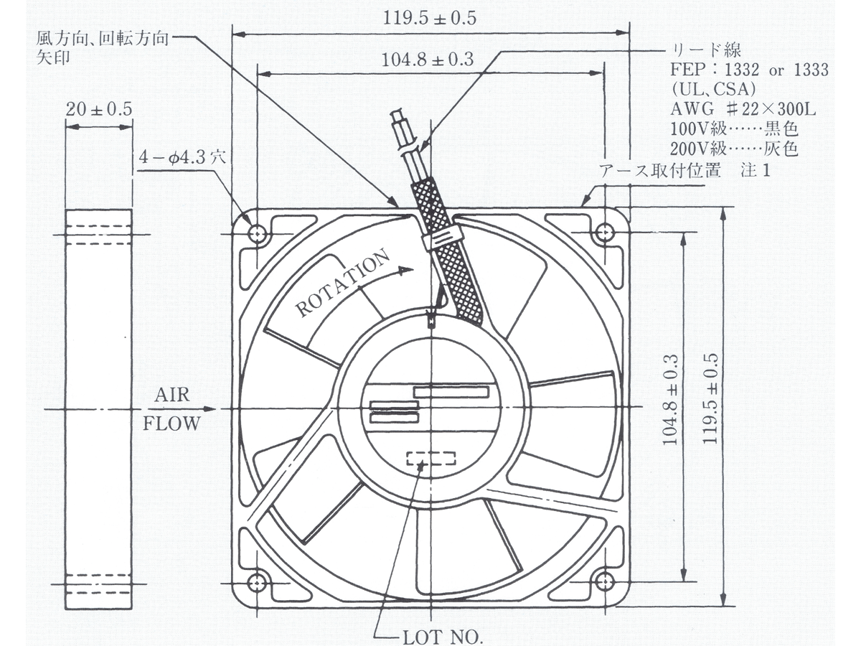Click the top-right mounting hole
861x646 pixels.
[604, 234]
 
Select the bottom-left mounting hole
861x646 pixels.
[257, 581]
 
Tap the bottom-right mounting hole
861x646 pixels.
[604, 581]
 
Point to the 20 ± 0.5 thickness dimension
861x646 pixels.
[99, 109]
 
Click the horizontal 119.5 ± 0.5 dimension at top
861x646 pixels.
[430, 19]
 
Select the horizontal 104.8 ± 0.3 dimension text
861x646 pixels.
[428, 60]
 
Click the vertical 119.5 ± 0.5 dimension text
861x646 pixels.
[710, 399]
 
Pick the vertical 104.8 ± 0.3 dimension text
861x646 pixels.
[670, 400]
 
